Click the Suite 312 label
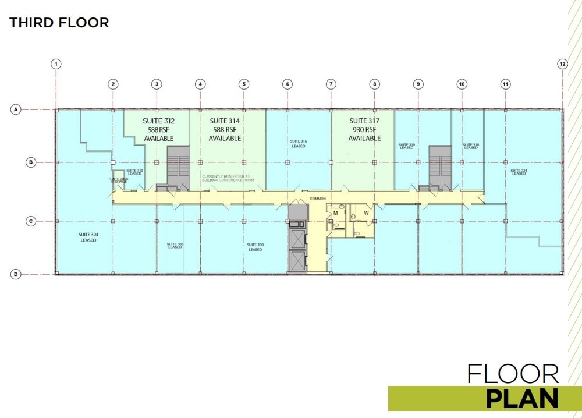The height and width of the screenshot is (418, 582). pos(159,121)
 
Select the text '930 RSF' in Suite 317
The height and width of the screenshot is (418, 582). pos(364,130)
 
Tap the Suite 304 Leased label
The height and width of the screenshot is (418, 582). pos(88,237)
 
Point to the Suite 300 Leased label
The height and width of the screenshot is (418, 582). pos(254,247)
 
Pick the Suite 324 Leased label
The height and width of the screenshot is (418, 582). pos(519,172)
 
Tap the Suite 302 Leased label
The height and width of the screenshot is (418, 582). pos(175,246)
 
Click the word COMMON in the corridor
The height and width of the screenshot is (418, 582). pos(318,199)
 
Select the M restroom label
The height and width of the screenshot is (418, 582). pos(335,213)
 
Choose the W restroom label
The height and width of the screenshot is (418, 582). pos(367,213)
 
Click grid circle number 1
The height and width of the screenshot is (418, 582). pos(56,64)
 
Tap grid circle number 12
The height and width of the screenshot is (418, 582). pos(562,64)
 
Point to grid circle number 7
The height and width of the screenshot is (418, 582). pos(331,84)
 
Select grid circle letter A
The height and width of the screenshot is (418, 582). pos(16,109)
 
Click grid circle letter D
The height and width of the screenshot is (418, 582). pos(16,274)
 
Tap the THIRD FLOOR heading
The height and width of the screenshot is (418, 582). pos(59,23)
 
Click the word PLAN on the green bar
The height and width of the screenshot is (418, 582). pos(522,399)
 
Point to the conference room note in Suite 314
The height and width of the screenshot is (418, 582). pos(228,178)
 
